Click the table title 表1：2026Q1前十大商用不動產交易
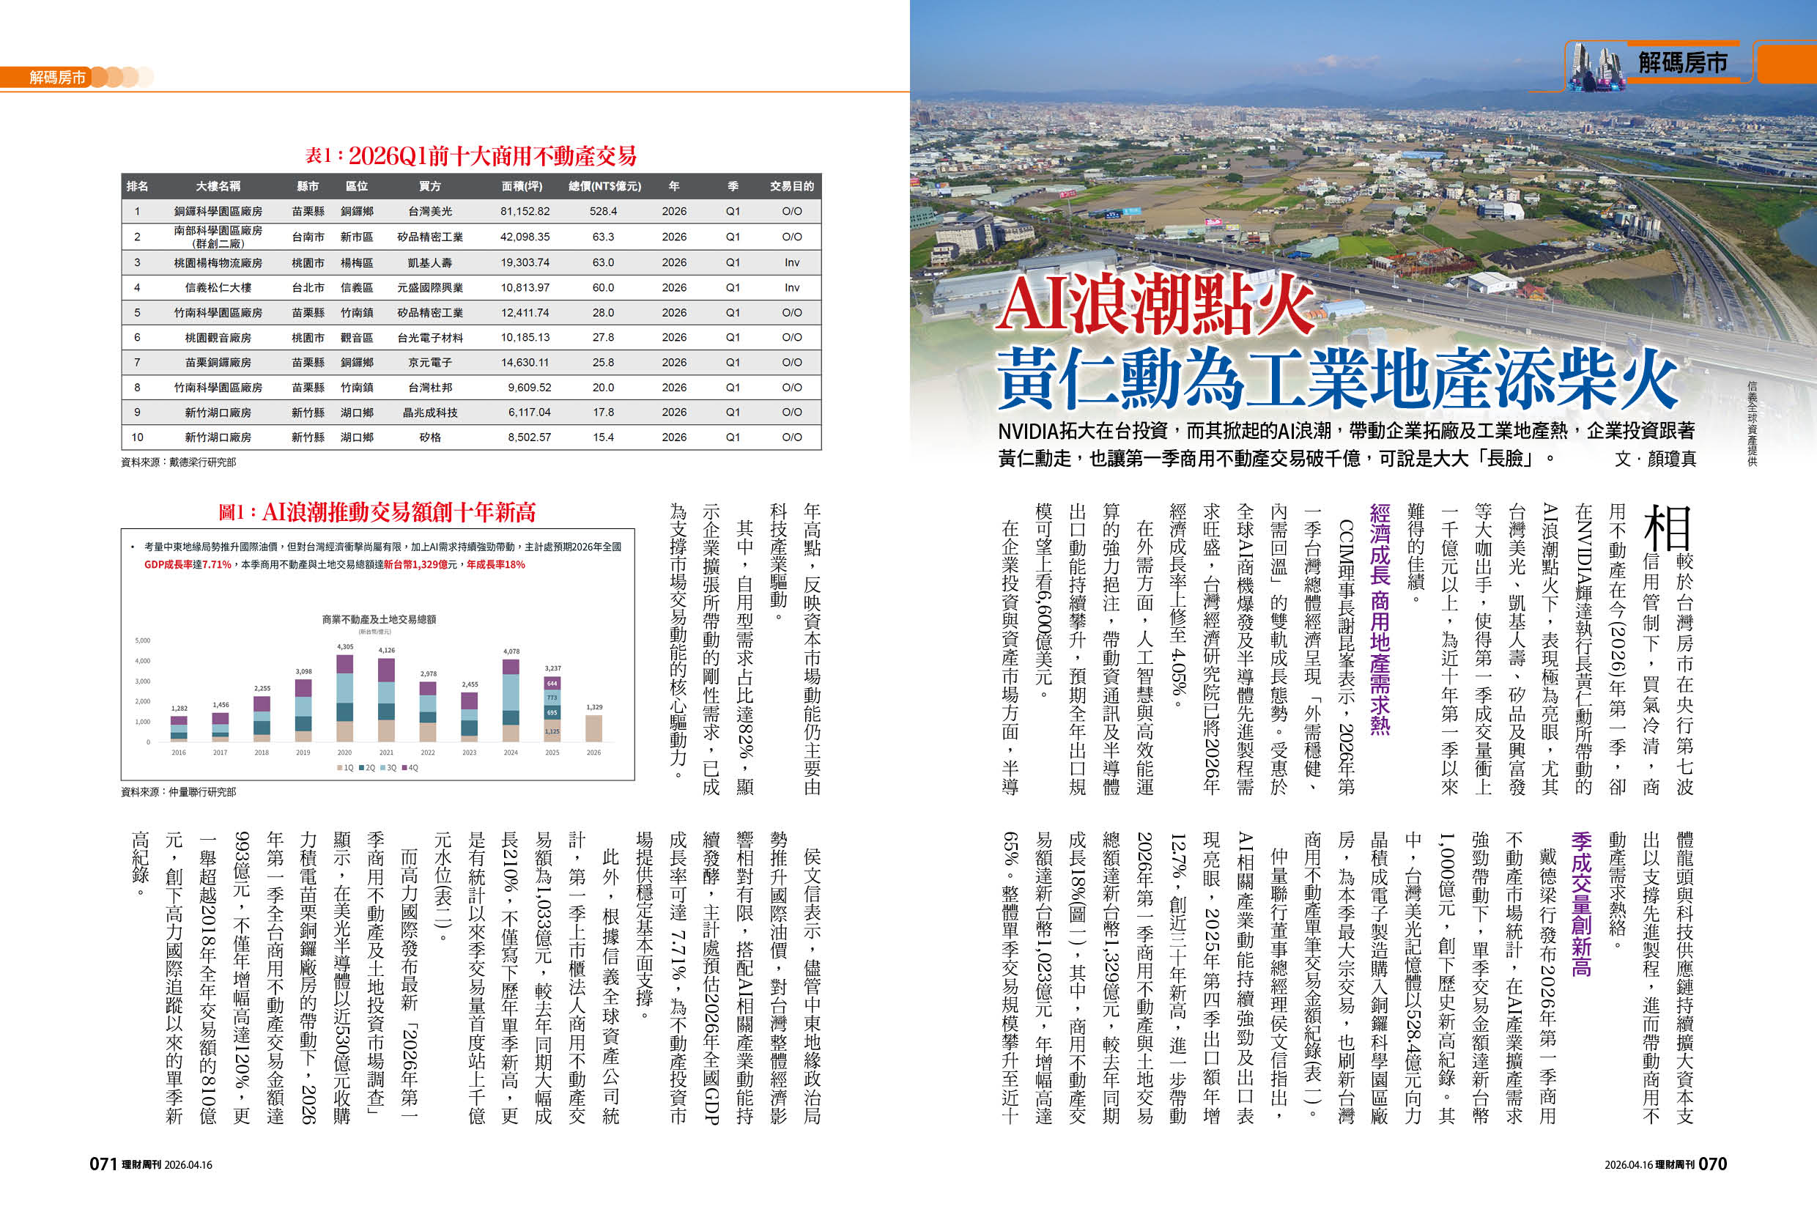pos(470,156)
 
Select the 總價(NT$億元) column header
pos(604,186)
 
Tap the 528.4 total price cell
pos(603,211)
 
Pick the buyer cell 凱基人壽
pos(430,263)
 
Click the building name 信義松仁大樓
pos(218,287)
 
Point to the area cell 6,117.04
pos(529,412)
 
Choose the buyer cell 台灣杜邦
pos(430,387)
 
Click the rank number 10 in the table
pos(137,437)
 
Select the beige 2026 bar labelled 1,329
pos(593,728)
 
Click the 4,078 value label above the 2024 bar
pos(511,651)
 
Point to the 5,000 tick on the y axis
pos(142,640)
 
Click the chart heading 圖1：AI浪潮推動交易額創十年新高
pos(377,511)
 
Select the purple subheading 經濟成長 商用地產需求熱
pos(1380,618)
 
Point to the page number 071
pos(103,1164)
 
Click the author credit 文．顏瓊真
pos(1654,459)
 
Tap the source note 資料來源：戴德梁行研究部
pos(179,462)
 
